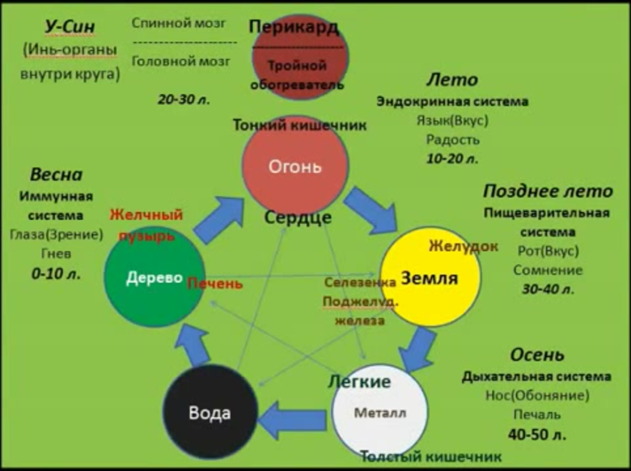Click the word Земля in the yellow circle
point(429,278)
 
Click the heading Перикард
point(294,27)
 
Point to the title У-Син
point(70,27)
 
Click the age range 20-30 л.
point(184,99)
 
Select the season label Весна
point(56,174)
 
